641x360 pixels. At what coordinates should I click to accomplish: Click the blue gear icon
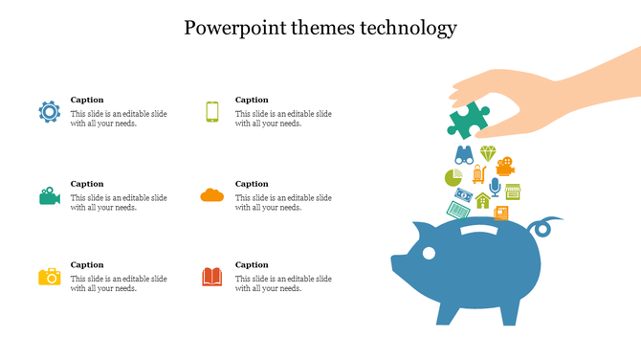(49, 111)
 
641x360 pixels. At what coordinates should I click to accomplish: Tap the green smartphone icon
(212, 112)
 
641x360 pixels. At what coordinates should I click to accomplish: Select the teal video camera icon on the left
(50, 195)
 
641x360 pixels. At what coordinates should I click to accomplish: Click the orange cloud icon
(212, 195)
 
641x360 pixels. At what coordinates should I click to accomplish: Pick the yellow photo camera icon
(50, 277)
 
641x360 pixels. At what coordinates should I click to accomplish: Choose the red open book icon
(212, 277)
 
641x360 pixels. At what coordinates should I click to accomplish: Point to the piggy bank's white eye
(428, 253)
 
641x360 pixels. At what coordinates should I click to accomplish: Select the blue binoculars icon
(464, 155)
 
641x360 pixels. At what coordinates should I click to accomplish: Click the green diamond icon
(488, 153)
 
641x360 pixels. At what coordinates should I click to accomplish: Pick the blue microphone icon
(495, 184)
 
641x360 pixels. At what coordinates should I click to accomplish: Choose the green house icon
(483, 201)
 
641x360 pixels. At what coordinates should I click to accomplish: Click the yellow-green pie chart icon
(453, 177)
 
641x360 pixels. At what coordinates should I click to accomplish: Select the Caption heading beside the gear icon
(87, 100)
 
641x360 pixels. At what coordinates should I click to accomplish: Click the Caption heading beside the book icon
(252, 264)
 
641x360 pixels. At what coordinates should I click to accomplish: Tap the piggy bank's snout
(397, 262)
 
